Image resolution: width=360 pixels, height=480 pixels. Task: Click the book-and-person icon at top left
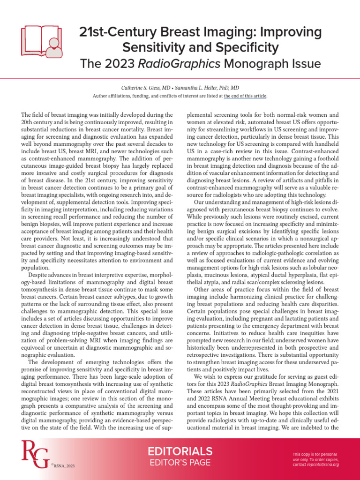(41, 40)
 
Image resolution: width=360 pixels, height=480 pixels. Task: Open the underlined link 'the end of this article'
(245, 96)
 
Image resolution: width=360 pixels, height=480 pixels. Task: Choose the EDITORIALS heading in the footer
(180, 451)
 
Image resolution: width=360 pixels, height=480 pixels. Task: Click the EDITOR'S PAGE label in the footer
(180, 463)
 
